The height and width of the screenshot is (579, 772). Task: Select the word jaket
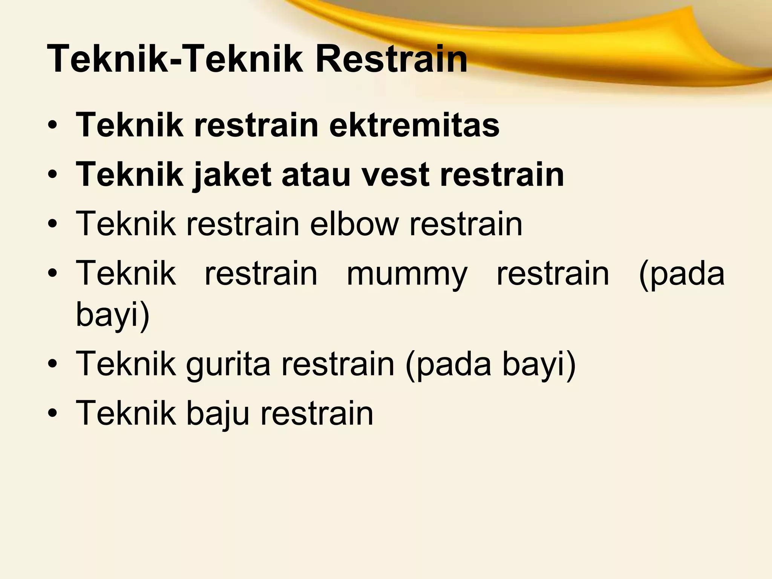[232, 175]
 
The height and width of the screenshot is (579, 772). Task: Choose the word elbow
[354, 224]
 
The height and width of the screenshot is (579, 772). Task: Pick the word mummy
[407, 274]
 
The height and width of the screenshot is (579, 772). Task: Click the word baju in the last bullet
[218, 414]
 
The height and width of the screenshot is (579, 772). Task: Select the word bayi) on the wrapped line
[113, 314]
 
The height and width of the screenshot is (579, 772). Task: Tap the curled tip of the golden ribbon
[696, 11]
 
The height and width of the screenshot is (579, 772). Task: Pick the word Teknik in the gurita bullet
[126, 364]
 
